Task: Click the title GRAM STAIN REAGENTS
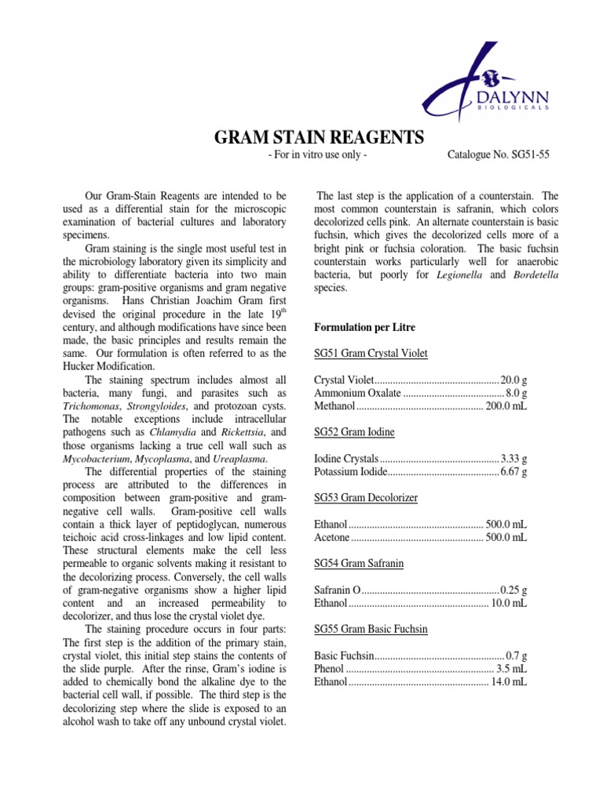click(x=320, y=138)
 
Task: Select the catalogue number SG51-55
click(x=499, y=155)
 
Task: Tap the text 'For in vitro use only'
click(x=317, y=155)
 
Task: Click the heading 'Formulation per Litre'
click(x=364, y=326)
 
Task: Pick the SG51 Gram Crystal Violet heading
click(x=371, y=354)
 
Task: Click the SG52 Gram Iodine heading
click(x=354, y=432)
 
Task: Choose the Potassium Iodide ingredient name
click(x=350, y=472)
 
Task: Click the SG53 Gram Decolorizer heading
click(x=366, y=498)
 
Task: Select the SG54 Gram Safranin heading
click(x=360, y=564)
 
